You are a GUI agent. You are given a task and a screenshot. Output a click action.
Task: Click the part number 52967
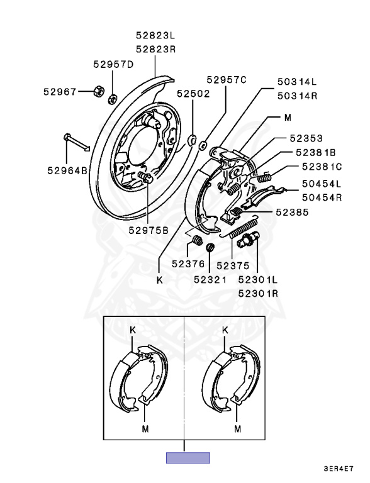60,91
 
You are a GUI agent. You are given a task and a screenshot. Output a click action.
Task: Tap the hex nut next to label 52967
99,91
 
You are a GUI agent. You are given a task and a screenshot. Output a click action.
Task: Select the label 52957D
113,64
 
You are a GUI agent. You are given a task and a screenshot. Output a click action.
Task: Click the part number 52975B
149,230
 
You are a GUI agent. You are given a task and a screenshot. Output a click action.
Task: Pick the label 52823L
155,35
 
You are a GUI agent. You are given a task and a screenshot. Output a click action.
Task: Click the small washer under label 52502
193,140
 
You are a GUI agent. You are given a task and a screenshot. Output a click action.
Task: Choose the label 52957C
227,80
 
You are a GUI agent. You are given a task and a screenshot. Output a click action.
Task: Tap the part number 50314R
297,96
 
